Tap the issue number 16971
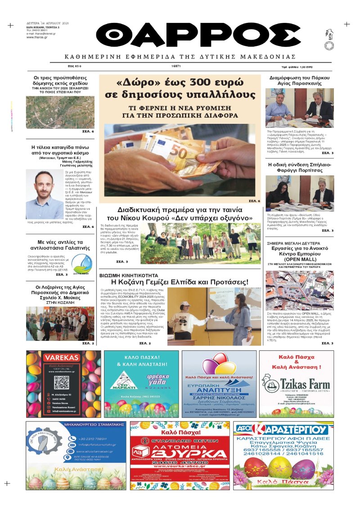(x=176, y=66)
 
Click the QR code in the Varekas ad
(x=61, y=382)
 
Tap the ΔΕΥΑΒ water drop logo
(x=82, y=263)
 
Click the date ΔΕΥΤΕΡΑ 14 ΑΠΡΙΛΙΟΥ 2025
(x=47, y=23)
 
